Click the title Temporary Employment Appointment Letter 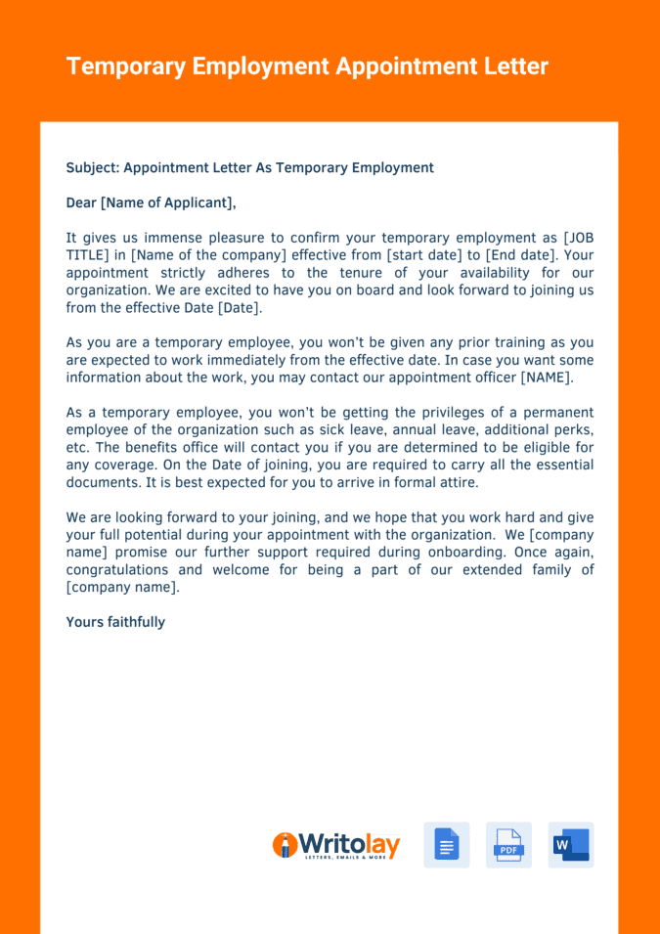307,67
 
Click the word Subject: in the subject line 92,167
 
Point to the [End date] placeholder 523,255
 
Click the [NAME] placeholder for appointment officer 547,378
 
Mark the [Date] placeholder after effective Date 239,308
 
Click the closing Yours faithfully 115,622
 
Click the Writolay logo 335,845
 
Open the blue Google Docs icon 446,845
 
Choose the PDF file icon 508,845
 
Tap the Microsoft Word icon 571,845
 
